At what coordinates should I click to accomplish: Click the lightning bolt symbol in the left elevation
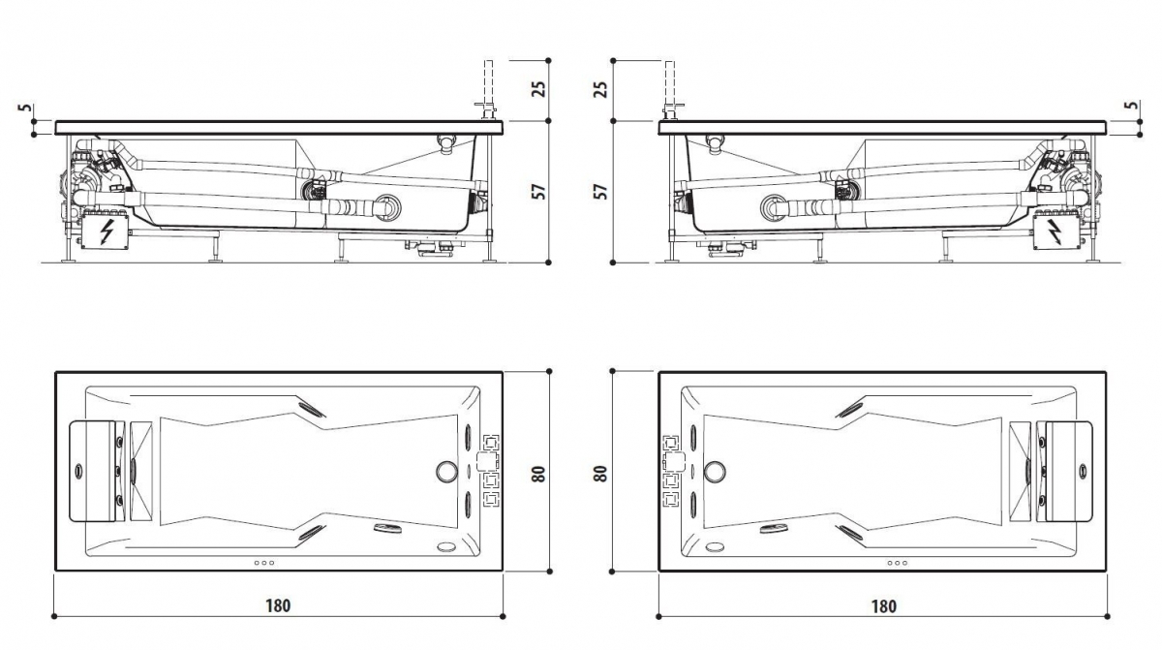point(107,232)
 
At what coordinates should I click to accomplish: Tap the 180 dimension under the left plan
point(278,605)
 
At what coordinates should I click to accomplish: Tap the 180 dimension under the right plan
point(883,605)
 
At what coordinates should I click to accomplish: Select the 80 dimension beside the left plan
point(539,474)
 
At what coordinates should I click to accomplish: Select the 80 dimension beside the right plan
point(600,474)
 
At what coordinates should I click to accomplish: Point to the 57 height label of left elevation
point(539,192)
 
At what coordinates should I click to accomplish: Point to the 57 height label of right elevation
point(600,192)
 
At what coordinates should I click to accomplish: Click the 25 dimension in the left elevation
point(539,89)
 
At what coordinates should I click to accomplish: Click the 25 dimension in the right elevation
point(600,89)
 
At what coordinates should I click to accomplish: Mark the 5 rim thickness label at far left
point(24,108)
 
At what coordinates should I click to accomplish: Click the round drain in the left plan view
point(446,472)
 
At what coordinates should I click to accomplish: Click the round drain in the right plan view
point(715,472)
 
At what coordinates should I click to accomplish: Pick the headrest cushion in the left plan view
point(92,472)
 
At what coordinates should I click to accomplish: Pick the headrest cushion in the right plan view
point(1069,472)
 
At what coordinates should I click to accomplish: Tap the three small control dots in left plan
point(264,563)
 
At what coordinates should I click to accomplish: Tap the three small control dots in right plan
point(897,563)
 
